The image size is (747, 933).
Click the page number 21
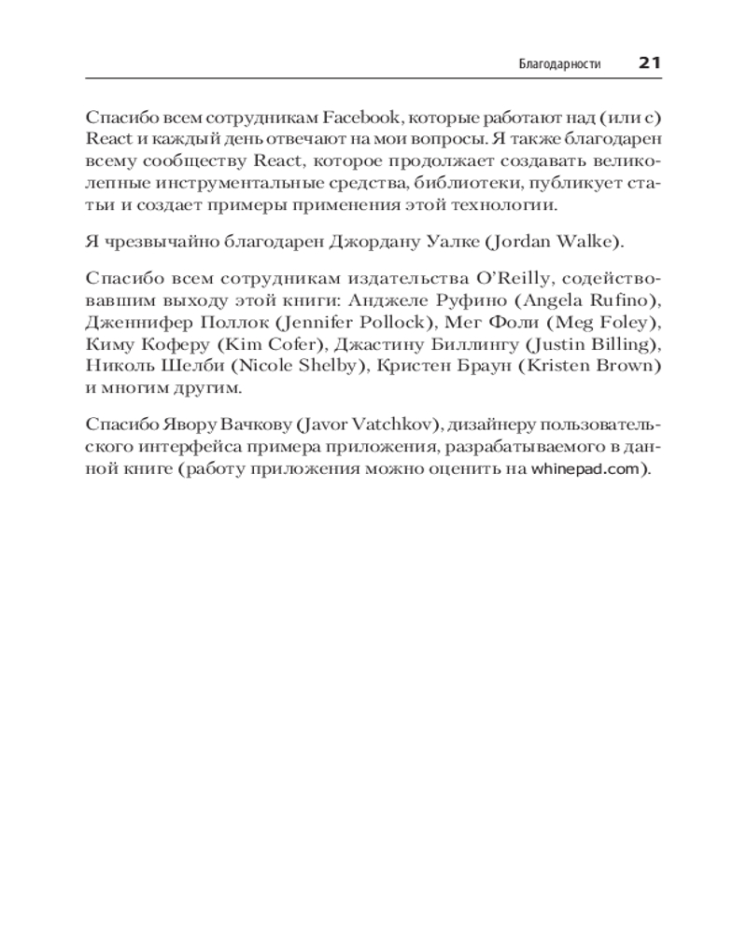(649, 63)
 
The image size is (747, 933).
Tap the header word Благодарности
(559, 64)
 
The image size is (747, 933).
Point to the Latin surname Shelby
(325, 366)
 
